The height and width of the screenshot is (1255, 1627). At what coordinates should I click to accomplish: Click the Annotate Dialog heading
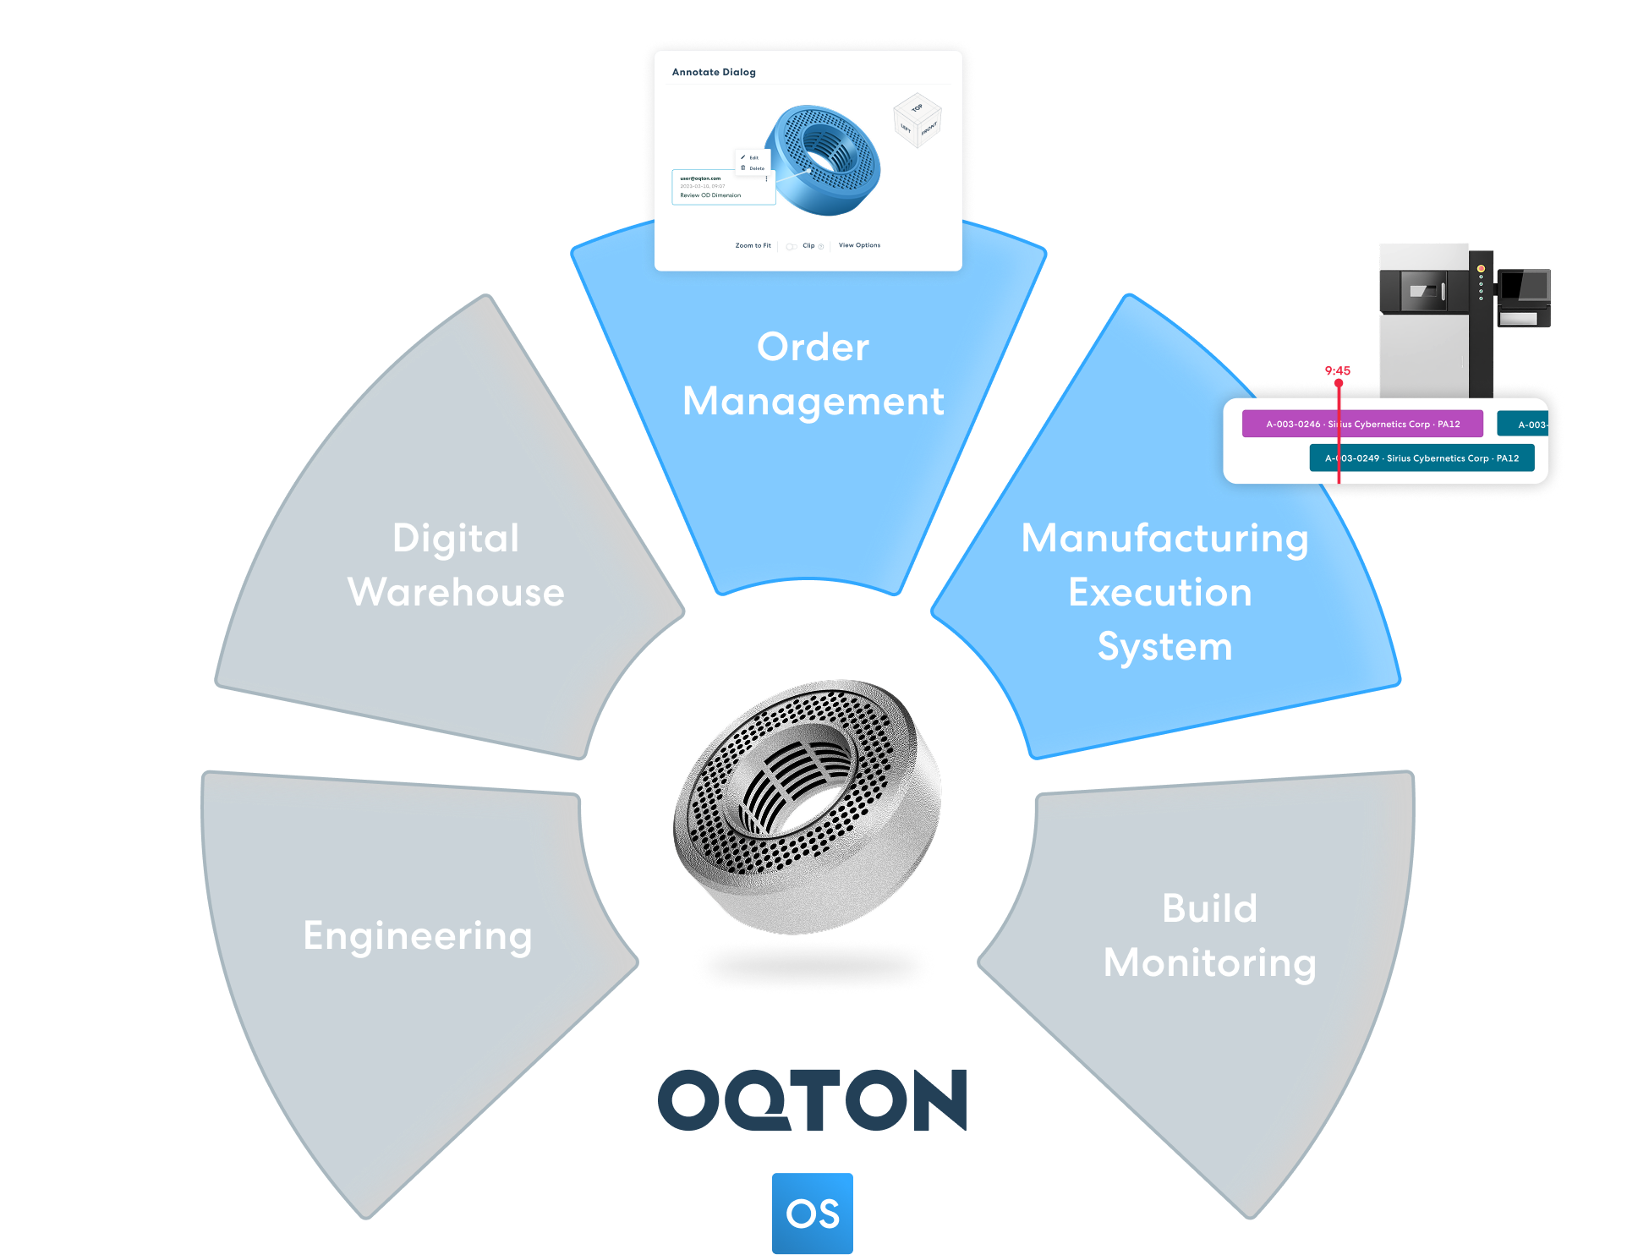(714, 73)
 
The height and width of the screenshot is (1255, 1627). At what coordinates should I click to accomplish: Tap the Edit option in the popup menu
(753, 157)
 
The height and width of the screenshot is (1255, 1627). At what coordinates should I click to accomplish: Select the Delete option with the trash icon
(755, 168)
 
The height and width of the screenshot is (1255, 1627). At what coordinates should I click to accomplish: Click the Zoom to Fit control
(753, 246)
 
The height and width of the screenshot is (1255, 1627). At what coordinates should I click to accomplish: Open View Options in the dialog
(859, 245)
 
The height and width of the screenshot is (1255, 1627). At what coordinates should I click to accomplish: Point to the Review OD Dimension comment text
(710, 195)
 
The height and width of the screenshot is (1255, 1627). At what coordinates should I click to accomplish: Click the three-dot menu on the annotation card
(766, 178)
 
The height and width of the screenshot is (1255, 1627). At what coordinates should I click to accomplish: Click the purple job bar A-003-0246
(1361, 424)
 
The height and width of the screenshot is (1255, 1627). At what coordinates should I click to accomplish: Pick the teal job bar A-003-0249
(1422, 458)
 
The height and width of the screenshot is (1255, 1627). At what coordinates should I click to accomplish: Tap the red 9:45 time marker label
(1338, 370)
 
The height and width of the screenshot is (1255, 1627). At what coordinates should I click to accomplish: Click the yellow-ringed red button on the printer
(1481, 269)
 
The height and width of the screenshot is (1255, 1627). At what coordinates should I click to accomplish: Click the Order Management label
(813, 374)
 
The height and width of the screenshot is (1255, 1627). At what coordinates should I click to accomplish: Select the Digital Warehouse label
(456, 565)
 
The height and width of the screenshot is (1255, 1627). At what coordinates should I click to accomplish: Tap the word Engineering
(418, 936)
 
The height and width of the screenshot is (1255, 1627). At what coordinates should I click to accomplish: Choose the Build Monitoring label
(1209, 935)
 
